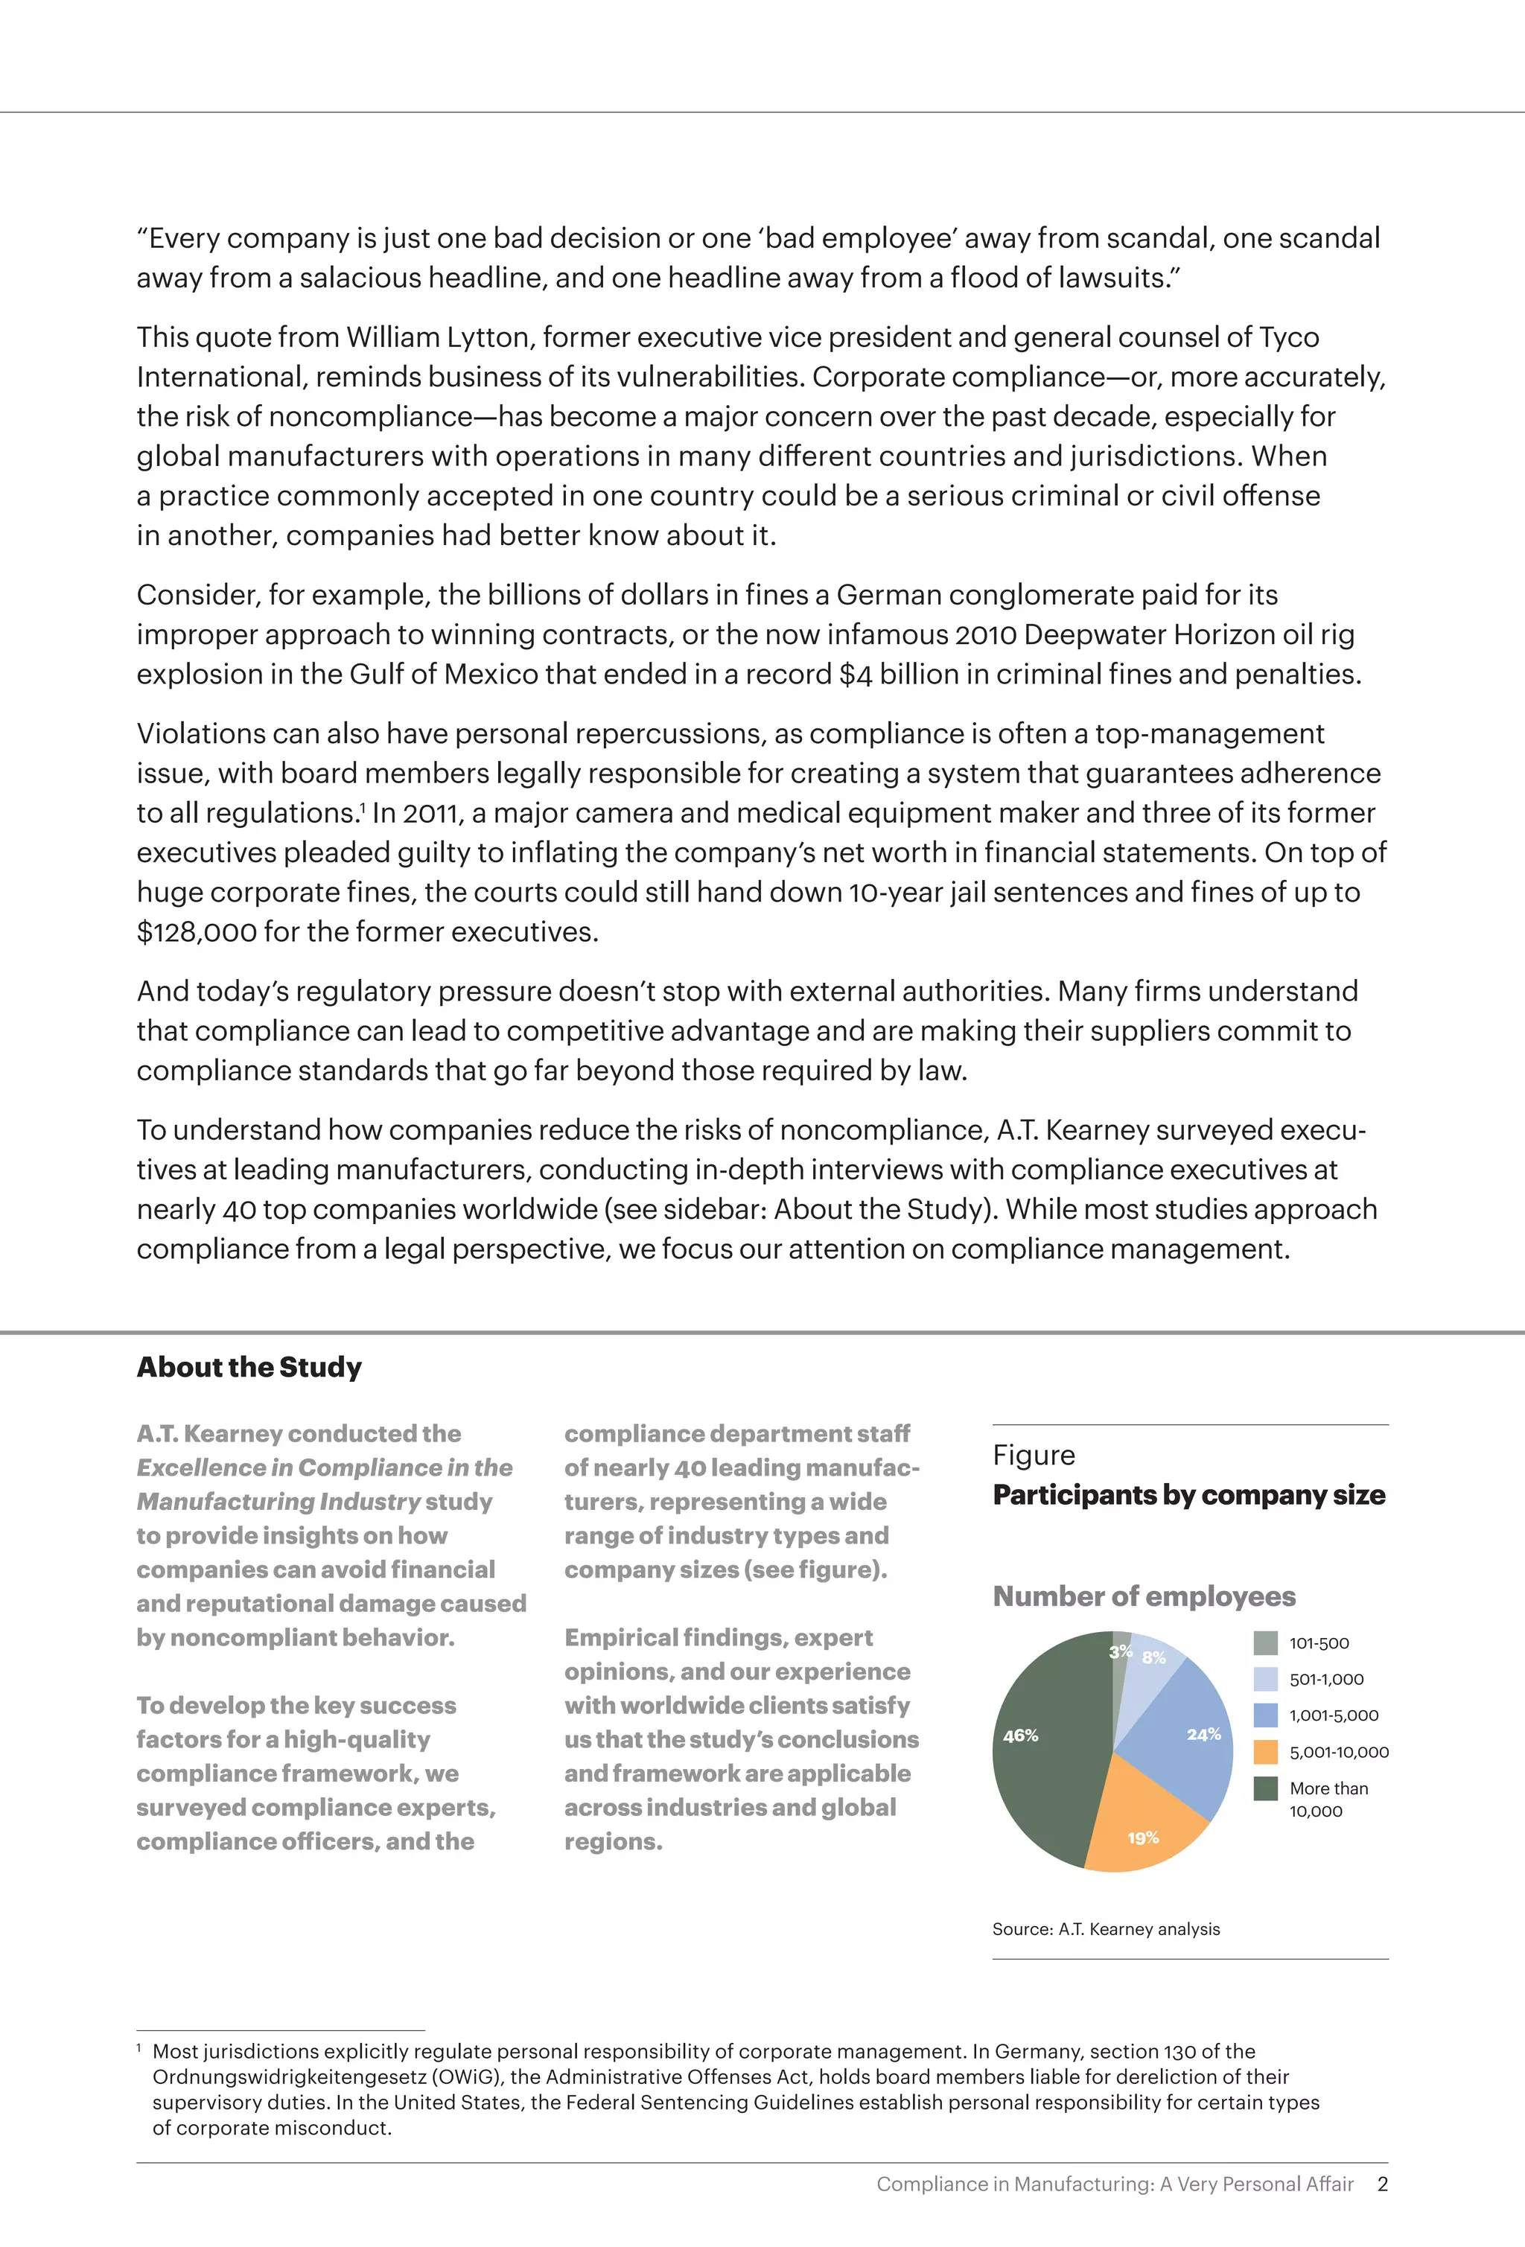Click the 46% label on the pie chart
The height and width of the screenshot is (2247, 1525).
(x=1020, y=1736)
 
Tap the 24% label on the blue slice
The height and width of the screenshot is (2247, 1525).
(x=1203, y=1735)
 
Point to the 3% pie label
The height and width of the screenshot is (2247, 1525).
(x=1120, y=1651)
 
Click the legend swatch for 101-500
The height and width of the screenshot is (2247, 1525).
(x=1265, y=1642)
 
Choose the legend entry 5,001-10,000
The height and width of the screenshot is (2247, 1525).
(x=1338, y=1752)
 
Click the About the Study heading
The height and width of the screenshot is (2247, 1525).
(x=249, y=1367)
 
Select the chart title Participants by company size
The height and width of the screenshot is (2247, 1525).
(x=1188, y=1495)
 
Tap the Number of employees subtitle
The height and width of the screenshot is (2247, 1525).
(x=1144, y=1596)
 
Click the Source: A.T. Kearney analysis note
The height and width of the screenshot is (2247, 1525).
(x=1105, y=1929)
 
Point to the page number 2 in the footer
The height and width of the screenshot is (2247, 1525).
(x=1382, y=2183)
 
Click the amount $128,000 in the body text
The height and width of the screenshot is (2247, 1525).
(x=197, y=932)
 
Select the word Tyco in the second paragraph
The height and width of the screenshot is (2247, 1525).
(x=1288, y=337)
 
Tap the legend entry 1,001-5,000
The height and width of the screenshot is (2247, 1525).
(x=1334, y=1715)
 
